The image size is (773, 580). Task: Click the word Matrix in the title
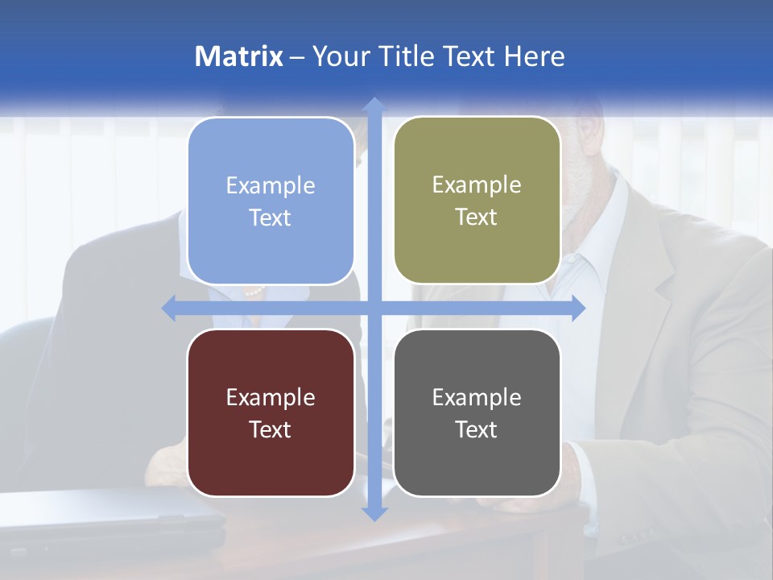click(x=238, y=56)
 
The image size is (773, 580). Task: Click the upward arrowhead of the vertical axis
click(x=374, y=105)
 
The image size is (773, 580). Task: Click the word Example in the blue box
click(x=271, y=186)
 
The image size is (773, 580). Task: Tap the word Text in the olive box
click(x=477, y=217)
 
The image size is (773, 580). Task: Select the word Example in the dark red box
click(x=271, y=398)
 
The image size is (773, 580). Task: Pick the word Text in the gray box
click(x=477, y=429)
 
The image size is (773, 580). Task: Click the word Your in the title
click(x=338, y=56)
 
